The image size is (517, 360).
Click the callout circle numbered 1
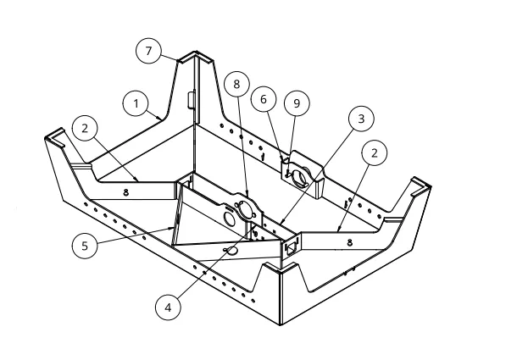(136, 103)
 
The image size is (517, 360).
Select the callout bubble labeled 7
(148, 51)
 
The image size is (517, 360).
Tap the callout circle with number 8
(236, 84)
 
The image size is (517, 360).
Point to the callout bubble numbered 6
(264, 99)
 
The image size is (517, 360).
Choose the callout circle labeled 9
(297, 103)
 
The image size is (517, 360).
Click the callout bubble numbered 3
(361, 119)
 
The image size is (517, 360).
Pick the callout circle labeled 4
(168, 307)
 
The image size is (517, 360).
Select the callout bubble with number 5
(85, 246)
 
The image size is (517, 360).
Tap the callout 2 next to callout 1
(85, 128)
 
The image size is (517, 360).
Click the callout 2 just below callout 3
(375, 153)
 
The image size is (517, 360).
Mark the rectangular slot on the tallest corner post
(191, 100)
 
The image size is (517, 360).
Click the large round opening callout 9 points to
(300, 177)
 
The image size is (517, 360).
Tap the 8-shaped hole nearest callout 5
(125, 192)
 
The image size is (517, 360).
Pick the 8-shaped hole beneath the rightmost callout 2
(350, 242)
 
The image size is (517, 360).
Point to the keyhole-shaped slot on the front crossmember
(231, 251)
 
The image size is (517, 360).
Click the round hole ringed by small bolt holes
(245, 209)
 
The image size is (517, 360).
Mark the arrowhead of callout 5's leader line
(171, 228)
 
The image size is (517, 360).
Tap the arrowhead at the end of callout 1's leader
(159, 118)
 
